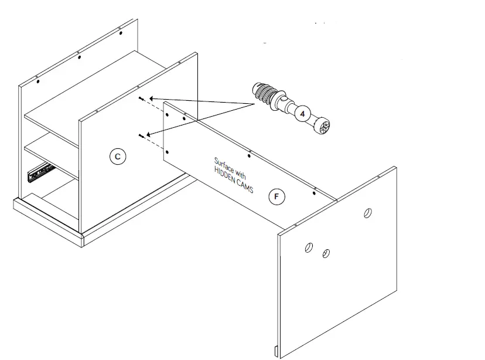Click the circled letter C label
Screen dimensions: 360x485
coord(118,156)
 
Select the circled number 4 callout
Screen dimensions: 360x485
coord(302,114)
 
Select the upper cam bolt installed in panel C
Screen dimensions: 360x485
coord(142,100)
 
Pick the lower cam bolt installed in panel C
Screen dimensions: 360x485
coord(142,137)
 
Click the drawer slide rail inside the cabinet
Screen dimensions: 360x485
coord(40,172)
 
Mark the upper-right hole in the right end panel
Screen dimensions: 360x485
coord(368,212)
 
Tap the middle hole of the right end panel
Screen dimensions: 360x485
coord(326,254)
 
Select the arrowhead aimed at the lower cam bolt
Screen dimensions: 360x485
coord(151,134)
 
